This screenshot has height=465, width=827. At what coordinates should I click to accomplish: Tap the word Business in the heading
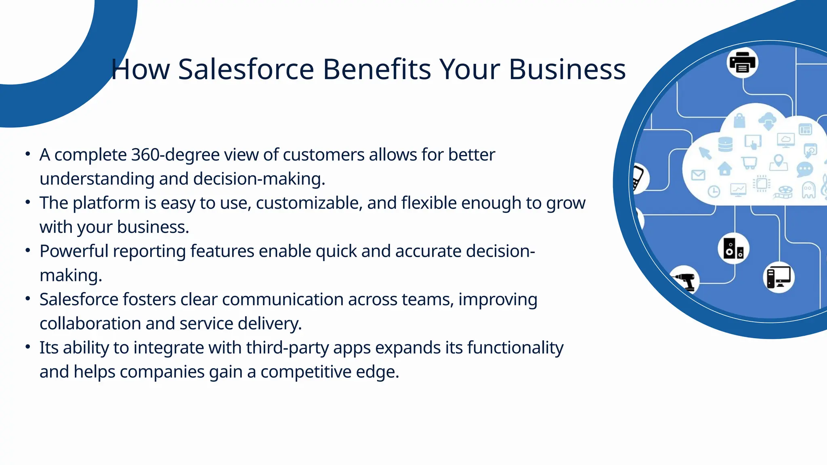point(567,69)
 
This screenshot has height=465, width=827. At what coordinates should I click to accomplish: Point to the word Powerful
point(74,251)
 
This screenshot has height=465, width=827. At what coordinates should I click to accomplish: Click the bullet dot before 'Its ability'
point(27,347)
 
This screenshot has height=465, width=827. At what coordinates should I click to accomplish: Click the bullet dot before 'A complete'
point(27,154)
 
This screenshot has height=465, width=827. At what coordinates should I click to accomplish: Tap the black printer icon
point(742,63)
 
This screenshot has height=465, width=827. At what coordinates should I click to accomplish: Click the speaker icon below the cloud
point(733,249)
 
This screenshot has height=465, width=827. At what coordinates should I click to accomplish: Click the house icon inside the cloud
point(725,168)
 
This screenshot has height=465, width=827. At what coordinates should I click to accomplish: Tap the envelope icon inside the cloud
point(698,175)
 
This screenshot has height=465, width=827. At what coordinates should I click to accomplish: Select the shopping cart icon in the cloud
point(749,163)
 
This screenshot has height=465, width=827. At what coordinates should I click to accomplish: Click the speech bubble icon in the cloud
point(804,170)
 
